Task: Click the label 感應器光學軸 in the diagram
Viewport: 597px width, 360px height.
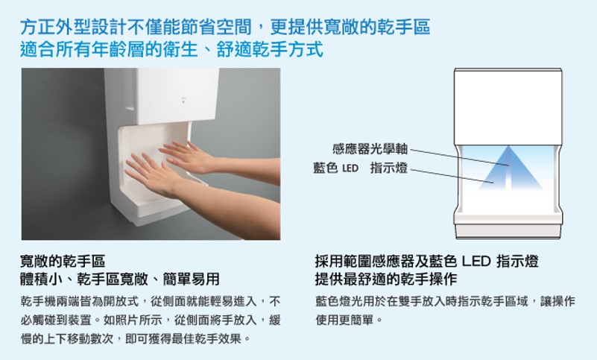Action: point(370,148)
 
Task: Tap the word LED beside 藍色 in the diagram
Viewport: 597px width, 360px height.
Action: point(350,168)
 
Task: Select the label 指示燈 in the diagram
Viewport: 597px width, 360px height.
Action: point(389,168)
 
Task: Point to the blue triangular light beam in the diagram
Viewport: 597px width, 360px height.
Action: point(510,168)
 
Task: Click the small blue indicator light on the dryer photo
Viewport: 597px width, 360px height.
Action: point(183,100)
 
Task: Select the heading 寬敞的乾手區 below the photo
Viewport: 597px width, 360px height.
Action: point(63,262)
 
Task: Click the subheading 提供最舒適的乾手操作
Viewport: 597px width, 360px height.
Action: point(386,280)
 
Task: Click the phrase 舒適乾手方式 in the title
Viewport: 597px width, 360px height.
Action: point(270,49)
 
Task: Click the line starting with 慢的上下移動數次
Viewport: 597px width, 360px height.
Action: point(136,338)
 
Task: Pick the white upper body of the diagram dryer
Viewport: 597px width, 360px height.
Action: point(508,107)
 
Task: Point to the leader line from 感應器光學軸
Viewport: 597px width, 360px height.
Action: point(459,157)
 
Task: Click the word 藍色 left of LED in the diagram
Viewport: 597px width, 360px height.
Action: point(326,168)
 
